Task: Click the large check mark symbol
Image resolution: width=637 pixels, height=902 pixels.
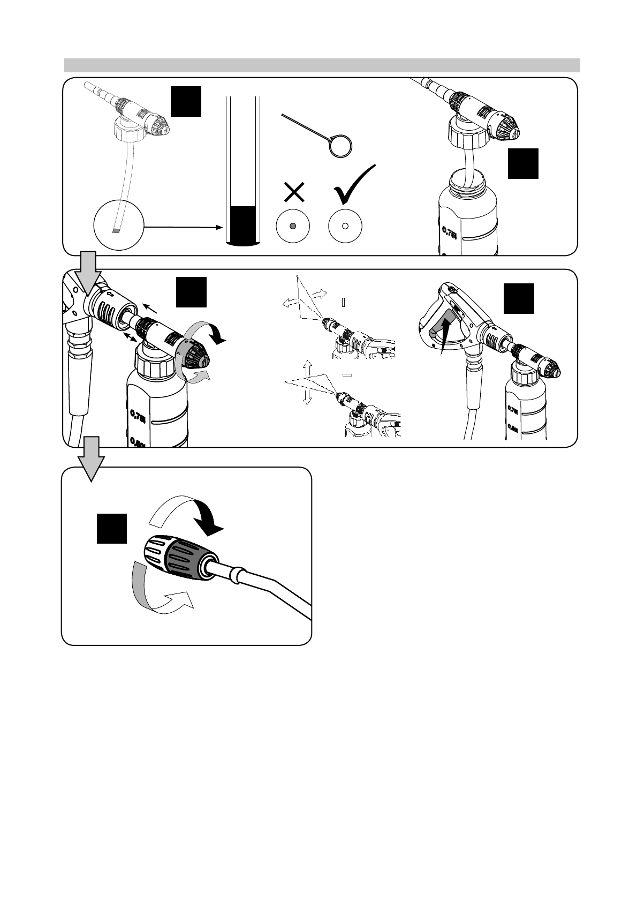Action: point(354,184)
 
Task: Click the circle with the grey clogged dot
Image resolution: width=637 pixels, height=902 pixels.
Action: point(293,226)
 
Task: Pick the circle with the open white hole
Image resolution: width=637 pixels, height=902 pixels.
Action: point(345,226)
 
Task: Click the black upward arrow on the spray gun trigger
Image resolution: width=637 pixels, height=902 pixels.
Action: point(444,335)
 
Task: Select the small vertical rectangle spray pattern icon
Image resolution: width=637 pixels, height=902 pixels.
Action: point(343,302)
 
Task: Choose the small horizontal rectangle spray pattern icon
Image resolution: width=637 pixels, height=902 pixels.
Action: point(347,375)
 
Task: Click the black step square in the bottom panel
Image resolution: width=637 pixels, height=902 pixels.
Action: point(112,528)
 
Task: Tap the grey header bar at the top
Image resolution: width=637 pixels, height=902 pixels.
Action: point(322,65)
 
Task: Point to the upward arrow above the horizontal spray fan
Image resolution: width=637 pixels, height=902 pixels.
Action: point(307,368)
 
